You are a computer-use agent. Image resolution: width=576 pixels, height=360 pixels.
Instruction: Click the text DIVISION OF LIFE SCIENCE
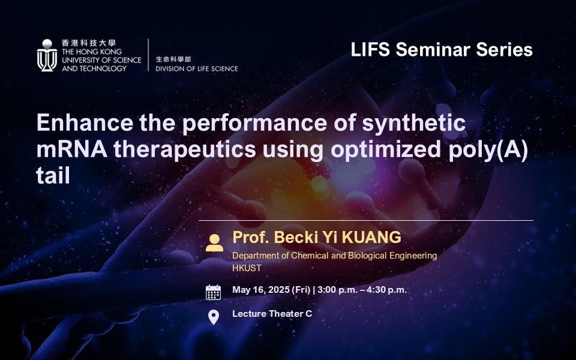196,68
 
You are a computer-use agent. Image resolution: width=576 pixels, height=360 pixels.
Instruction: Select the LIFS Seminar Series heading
442,49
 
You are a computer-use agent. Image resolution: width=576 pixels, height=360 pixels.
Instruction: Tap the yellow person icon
214,242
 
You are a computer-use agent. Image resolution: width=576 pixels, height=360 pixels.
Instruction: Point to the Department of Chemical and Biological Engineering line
334,256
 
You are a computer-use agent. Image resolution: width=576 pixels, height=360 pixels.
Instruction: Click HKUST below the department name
247,268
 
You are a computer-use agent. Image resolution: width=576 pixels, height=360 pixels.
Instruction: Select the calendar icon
213,292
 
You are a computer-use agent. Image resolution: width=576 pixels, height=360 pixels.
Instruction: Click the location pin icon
213,316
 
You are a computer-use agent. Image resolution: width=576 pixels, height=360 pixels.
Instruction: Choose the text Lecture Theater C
272,313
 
